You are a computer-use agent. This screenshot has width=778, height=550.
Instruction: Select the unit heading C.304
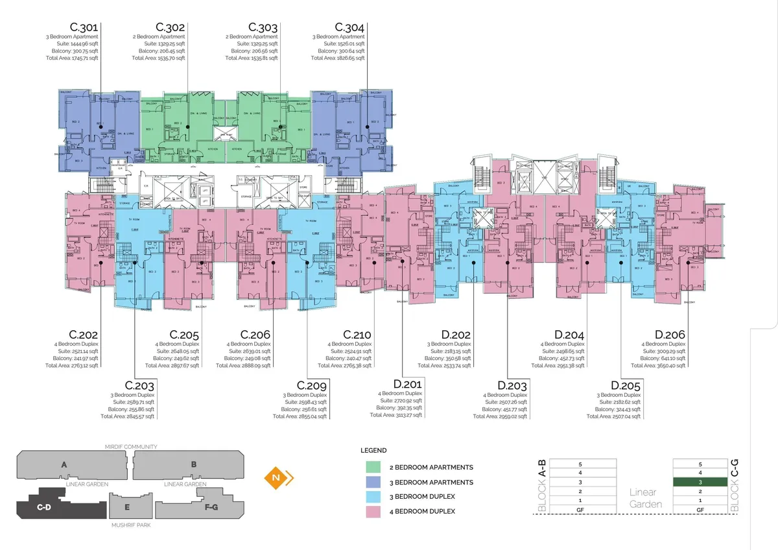point(349,27)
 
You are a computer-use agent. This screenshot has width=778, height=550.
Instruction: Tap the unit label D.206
point(670,335)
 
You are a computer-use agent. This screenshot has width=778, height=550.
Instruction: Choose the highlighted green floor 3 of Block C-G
point(700,483)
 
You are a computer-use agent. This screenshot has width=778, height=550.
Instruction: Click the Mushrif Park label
point(131,525)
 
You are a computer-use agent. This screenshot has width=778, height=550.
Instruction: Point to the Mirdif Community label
point(131,447)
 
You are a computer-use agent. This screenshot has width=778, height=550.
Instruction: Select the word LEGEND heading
point(373,451)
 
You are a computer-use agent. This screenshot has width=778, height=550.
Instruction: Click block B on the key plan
point(193,464)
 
